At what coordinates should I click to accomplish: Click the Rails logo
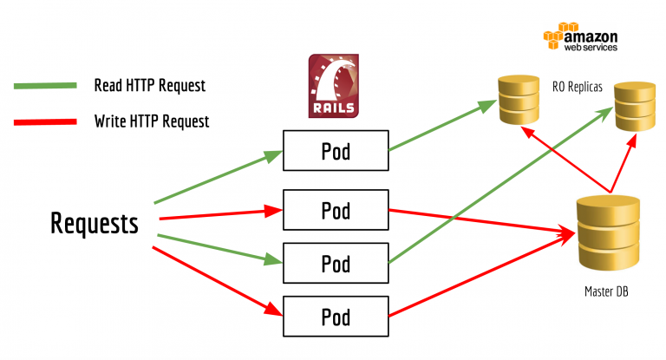click(333, 86)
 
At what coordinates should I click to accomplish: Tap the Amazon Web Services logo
click(580, 39)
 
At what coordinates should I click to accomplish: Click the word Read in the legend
click(108, 87)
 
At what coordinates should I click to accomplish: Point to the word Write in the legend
click(111, 121)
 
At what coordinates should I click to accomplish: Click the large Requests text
click(94, 224)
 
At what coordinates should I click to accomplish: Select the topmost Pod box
click(335, 151)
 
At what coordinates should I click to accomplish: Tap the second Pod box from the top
click(335, 210)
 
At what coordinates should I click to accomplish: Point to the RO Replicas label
click(576, 86)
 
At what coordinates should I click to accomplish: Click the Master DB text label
click(604, 293)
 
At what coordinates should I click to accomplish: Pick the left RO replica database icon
click(518, 101)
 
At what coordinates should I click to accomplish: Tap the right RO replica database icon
click(636, 107)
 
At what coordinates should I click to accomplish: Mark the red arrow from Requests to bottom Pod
click(217, 278)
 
